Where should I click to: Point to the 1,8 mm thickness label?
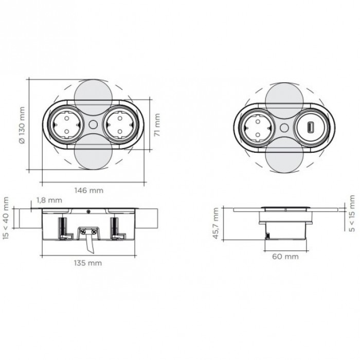click(50, 200)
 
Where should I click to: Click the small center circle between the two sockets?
click(93, 124)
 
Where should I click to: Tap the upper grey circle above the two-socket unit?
click(93, 96)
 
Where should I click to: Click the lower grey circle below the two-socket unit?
click(93, 157)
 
